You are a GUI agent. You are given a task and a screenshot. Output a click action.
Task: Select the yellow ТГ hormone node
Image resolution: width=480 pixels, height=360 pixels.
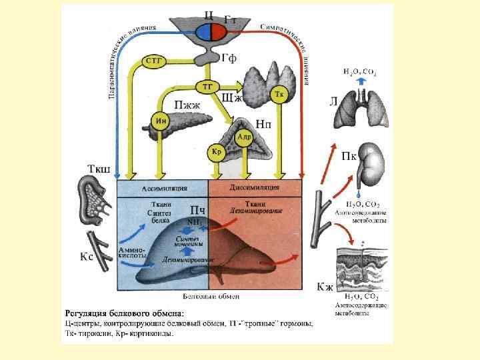click(x=207, y=86)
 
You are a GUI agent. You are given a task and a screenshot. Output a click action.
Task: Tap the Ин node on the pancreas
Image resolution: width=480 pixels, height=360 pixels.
click(x=160, y=121)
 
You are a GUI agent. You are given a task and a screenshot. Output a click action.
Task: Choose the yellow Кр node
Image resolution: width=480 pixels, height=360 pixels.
click(x=216, y=151)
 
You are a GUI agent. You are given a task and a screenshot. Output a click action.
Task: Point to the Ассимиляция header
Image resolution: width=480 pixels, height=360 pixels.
click(x=163, y=187)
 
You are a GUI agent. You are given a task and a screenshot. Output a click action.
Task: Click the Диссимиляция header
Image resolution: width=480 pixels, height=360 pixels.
click(x=256, y=187)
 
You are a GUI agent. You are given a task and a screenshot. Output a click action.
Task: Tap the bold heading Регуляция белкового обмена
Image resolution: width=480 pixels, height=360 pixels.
click(x=125, y=313)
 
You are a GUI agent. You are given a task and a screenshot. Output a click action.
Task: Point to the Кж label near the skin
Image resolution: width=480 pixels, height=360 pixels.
click(x=325, y=287)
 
